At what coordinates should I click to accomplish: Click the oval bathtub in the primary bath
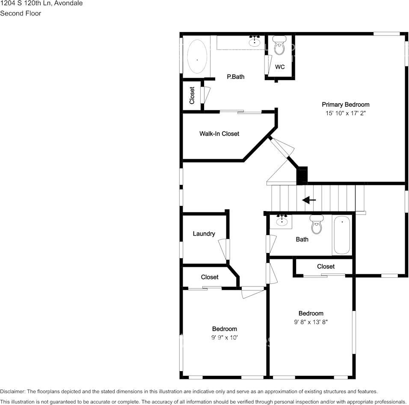(197, 57)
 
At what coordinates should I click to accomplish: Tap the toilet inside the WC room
(279, 46)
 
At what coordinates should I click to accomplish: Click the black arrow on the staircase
(309, 200)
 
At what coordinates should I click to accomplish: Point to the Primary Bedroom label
(346, 104)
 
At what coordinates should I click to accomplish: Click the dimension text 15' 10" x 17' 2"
(346, 113)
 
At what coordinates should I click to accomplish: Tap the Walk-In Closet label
(219, 134)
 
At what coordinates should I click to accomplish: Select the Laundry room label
(204, 234)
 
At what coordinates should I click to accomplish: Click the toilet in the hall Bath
(317, 224)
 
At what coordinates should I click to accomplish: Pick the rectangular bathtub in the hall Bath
(342, 235)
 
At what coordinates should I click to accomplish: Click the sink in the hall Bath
(282, 221)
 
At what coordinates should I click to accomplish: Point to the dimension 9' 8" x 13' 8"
(311, 322)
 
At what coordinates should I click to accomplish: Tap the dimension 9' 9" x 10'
(225, 338)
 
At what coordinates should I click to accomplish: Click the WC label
(280, 67)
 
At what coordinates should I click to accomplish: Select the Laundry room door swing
(224, 249)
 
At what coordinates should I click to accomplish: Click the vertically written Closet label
(192, 95)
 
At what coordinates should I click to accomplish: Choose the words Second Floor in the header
(21, 13)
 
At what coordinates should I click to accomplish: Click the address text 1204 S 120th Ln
(25, 3)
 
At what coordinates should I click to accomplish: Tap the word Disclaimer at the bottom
(12, 391)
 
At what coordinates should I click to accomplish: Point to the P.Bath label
(236, 77)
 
